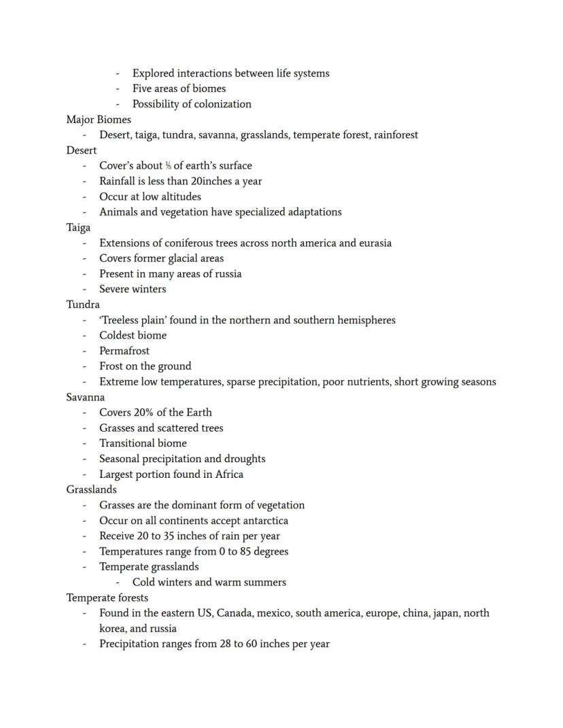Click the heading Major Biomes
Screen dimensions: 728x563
click(99, 120)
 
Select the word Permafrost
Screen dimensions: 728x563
click(124, 351)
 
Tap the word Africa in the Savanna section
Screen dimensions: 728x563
click(229, 474)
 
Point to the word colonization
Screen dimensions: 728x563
click(222, 104)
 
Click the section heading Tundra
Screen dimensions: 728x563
click(83, 305)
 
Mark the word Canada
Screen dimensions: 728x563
click(235, 613)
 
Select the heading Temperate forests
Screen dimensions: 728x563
click(107, 598)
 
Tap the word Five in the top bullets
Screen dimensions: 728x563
click(143, 88)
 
